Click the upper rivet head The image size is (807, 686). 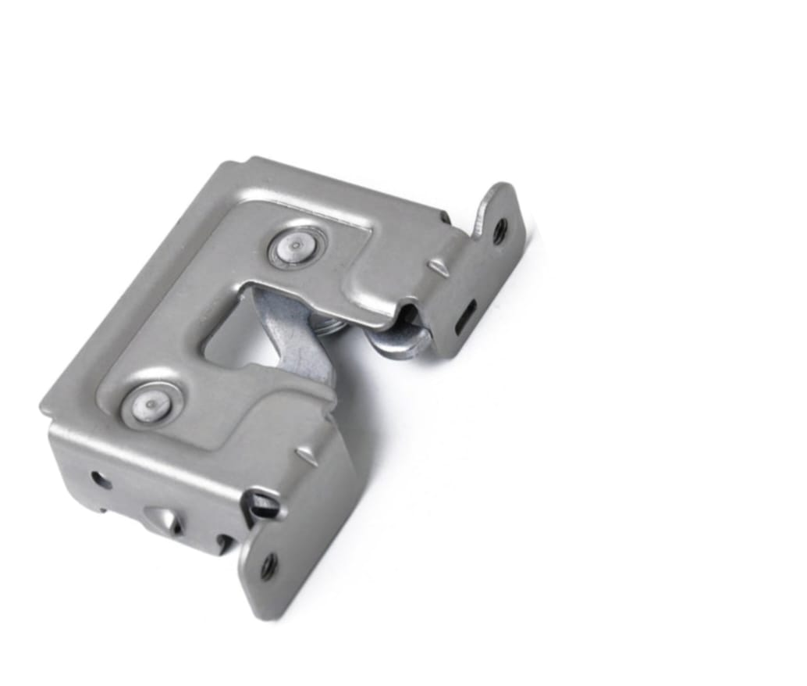(x=296, y=247)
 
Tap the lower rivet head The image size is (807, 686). (x=151, y=404)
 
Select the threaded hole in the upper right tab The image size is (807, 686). (x=499, y=230)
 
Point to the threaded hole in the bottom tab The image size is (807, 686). (x=268, y=565)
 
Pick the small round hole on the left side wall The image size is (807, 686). (x=98, y=478)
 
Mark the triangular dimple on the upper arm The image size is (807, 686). (x=439, y=269)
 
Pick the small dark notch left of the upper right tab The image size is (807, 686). (x=444, y=216)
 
